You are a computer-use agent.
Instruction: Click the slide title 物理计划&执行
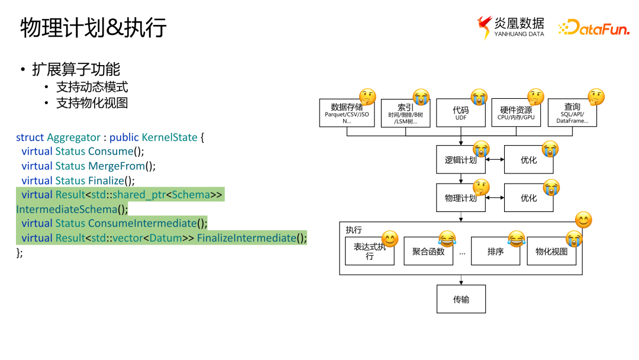(93, 28)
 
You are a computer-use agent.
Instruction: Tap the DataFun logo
(593, 28)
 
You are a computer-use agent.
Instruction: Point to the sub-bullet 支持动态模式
(92, 87)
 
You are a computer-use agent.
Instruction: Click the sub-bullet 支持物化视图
(92, 102)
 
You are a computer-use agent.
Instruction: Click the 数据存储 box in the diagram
(346, 113)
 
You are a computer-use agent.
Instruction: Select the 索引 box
(405, 113)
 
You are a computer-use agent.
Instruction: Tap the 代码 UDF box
(460, 113)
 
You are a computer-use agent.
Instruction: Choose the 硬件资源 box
(515, 113)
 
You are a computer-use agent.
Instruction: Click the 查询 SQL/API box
(572, 113)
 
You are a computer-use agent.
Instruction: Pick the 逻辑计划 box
(460, 160)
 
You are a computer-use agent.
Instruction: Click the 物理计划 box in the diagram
(460, 198)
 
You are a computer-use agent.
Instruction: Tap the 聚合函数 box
(428, 252)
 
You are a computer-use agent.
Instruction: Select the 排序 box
(495, 252)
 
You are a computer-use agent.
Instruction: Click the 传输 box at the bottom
(460, 299)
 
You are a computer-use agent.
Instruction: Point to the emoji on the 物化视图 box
(573, 239)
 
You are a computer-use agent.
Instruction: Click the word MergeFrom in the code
(116, 166)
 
